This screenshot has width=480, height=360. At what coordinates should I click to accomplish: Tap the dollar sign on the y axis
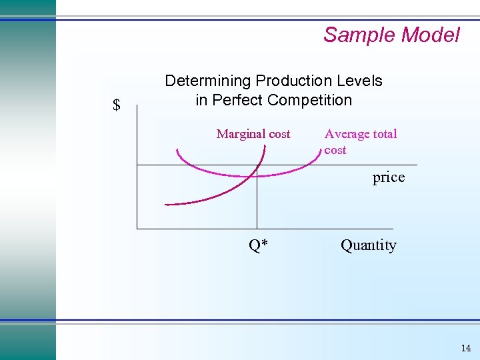point(117,105)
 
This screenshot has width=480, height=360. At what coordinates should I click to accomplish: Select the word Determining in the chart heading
point(208,81)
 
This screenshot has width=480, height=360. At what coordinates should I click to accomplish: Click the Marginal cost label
point(253,134)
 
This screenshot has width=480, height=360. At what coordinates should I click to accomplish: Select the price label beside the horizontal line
point(388,177)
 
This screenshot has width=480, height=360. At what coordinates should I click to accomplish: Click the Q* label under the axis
point(258,245)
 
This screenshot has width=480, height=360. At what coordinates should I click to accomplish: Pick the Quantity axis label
point(368,245)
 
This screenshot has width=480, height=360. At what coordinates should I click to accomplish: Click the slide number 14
point(465,348)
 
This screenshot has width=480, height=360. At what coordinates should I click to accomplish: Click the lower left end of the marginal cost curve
point(167,204)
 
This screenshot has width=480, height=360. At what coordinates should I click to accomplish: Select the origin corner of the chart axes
point(137,229)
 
